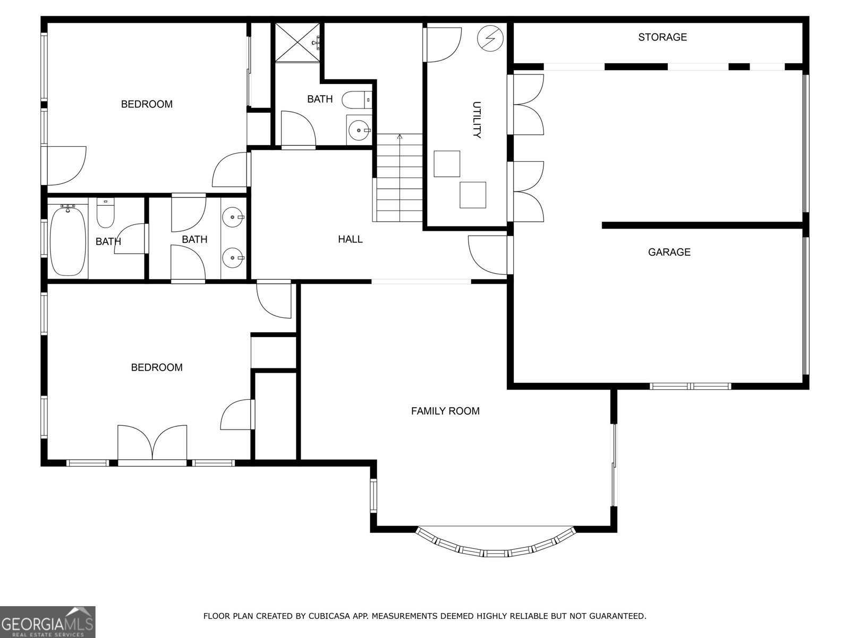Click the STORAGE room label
[x=662, y=37]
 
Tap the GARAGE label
[x=669, y=252]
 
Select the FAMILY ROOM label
[x=445, y=411]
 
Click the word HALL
[x=350, y=239]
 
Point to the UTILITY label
[x=477, y=120]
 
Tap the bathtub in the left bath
[x=67, y=241]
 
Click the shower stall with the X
[x=297, y=43]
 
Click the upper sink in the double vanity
[x=233, y=217]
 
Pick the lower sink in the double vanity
[x=233, y=258]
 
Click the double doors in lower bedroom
[x=152, y=444]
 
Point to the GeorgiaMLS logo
[x=47, y=622]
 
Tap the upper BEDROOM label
[x=147, y=104]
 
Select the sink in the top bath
[x=359, y=130]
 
